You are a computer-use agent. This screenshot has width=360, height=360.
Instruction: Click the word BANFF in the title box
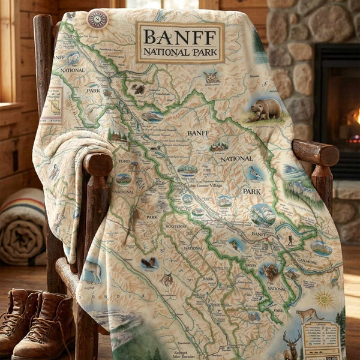point(179,37)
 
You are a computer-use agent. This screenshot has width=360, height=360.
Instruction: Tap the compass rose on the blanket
point(97,19)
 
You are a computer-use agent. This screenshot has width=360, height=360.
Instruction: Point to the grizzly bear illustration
point(266,109)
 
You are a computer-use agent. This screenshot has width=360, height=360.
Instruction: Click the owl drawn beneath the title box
point(211,77)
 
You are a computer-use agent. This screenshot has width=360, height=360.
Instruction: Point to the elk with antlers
point(293,344)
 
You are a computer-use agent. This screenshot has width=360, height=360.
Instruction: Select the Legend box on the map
point(322,340)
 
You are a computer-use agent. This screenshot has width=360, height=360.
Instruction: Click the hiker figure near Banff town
point(290,241)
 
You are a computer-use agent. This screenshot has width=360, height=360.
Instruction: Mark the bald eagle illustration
point(149,263)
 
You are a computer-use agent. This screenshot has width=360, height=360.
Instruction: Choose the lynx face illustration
point(167,278)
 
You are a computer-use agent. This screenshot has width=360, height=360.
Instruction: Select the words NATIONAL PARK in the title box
point(179,52)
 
